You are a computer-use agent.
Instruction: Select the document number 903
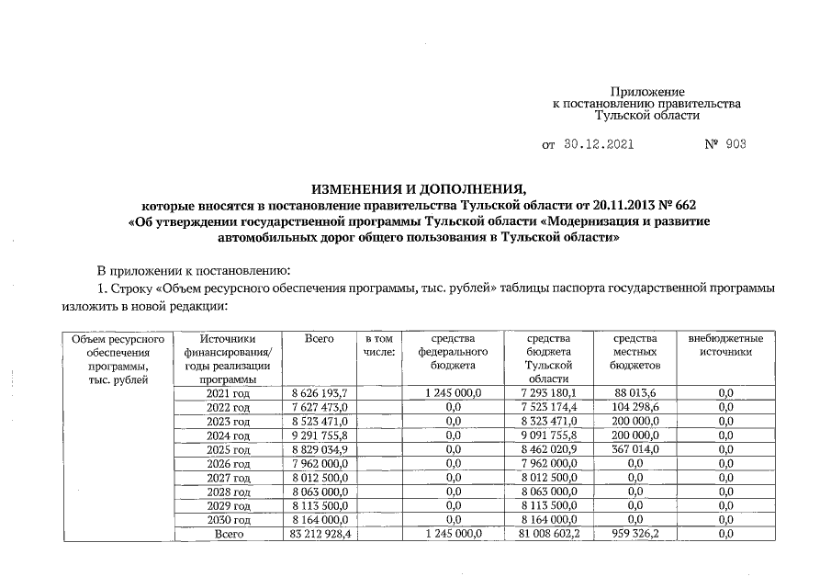pyautogui.click(x=736, y=145)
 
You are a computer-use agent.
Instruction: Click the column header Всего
pyautogui.click(x=319, y=339)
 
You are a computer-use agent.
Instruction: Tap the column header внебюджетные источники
pyautogui.click(x=725, y=345)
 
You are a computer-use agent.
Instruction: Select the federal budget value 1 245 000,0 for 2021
pyautogui.click(x=453, y=393)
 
